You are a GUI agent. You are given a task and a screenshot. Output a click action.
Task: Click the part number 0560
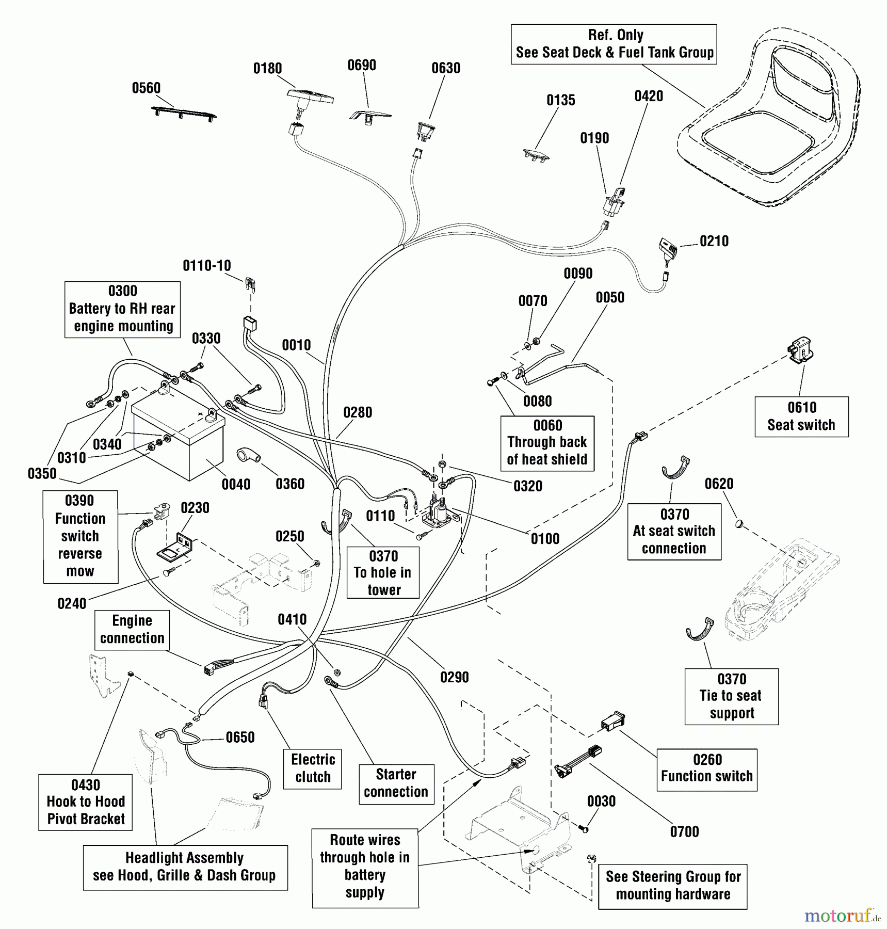pos(146,88)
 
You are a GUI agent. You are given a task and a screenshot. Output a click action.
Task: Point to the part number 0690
pos(361,66)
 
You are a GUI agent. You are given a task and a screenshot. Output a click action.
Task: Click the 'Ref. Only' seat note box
pos(614,44)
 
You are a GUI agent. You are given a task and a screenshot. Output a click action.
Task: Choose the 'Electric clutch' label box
pos(313,768)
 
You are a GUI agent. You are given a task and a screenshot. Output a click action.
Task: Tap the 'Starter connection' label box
pos(396,783)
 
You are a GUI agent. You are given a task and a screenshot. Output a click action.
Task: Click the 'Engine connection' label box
pos(132,630)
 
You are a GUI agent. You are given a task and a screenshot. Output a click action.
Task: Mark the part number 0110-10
pos(206,266)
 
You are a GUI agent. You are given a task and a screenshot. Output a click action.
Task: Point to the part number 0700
pos(684,831)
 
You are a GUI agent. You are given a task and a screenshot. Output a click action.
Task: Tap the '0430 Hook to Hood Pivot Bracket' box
pos(86,802)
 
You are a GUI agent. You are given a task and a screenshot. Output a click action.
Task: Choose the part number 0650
pos(240,738)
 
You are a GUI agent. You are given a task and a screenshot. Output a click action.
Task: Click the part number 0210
pos(714,241)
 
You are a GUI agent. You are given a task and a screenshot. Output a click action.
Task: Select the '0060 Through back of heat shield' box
pos(547,443)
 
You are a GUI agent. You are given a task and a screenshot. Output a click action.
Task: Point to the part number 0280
pos(358,412)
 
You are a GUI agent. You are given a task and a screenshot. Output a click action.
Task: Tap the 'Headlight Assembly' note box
pos(185,867)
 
